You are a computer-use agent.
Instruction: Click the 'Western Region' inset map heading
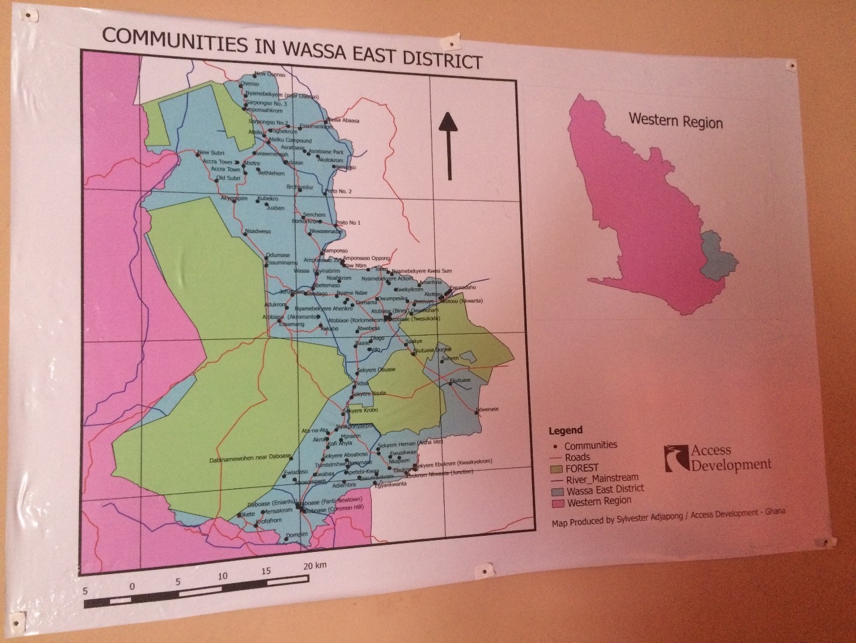coord(675,120)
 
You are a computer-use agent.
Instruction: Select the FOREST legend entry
coord(581,468)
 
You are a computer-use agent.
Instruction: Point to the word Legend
coord(565,430)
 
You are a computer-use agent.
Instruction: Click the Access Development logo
coord(718,458)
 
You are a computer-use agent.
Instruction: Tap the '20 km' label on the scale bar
coord(314,566)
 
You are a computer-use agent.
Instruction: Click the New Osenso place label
coord(270,75)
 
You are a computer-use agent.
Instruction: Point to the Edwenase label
coord(487,409)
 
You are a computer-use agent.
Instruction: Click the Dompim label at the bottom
coord(296,534)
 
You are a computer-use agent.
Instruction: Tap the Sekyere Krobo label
coord(361,410)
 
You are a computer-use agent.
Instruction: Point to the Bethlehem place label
coord(271,173)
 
